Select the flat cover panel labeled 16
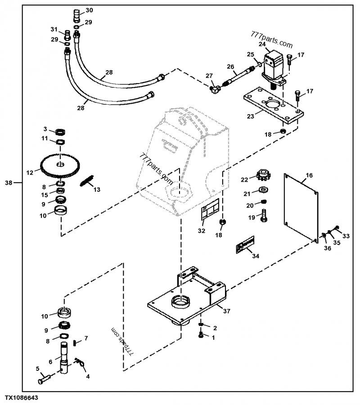(301, 208)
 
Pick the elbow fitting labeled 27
(215, 89)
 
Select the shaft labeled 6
(64, 356)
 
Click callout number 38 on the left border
(9, 183)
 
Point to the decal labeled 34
(245, 245)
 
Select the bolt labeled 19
(264, 215)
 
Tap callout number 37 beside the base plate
(226, 311)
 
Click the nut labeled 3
(60, 132)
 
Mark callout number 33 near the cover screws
(346, 236)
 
